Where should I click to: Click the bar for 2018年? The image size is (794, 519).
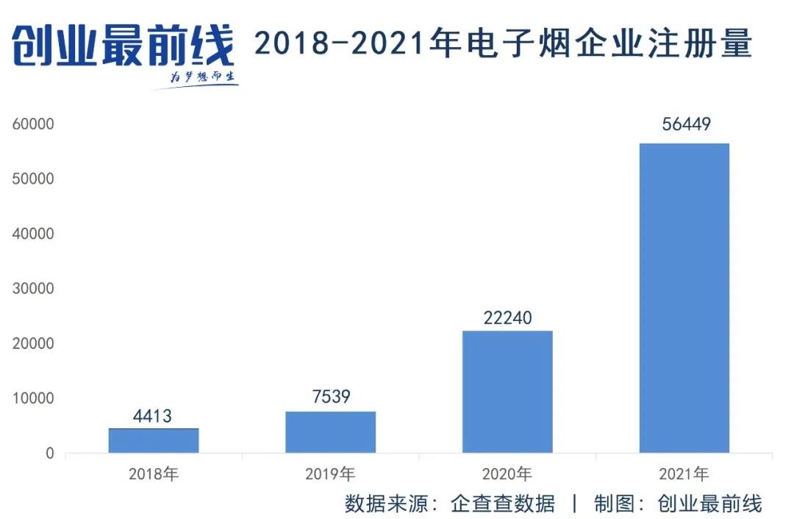click(154, 440)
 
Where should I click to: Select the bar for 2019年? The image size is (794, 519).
click(330, 432)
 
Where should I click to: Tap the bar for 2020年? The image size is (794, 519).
click(507, 392)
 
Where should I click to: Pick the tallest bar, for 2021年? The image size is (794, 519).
click(684, 297)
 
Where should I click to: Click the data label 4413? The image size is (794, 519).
click(153, 417)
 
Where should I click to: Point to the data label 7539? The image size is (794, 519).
click(330, 398)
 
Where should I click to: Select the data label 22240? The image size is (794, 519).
click(507, 318)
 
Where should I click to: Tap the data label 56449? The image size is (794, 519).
click(686, 124)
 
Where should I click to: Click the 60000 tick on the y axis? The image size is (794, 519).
click(34, 124)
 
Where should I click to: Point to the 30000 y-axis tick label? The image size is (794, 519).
click(34, 289)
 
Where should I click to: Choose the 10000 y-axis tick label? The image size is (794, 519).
click(34, 398)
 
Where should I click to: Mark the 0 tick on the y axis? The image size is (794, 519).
click(49, 453)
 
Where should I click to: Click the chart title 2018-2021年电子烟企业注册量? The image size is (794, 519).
click(504, 45)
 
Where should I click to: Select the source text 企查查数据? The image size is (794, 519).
click(503, 504)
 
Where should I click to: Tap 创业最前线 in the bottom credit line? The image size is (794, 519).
click(710, 504)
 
